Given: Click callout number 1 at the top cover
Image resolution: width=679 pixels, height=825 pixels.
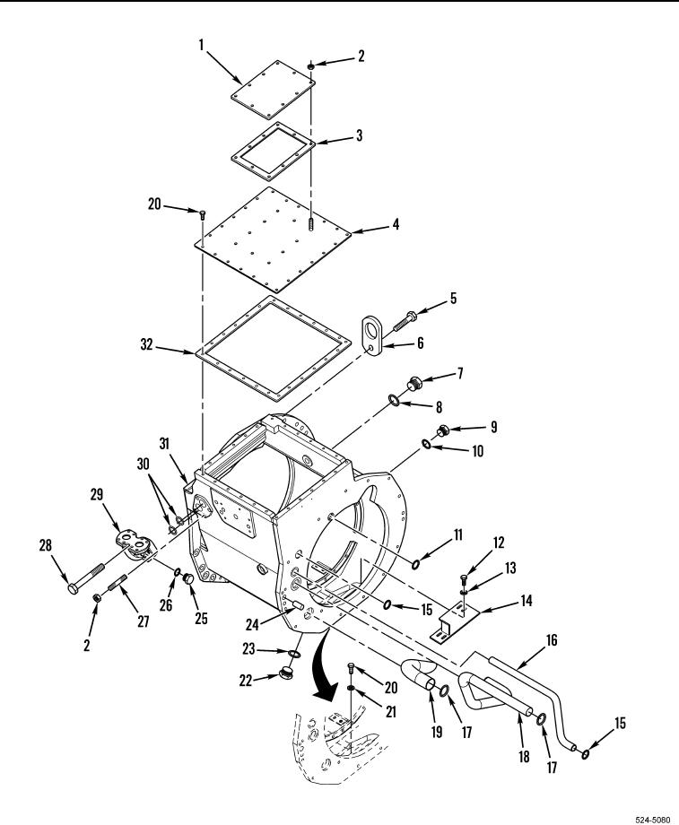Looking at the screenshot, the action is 201,45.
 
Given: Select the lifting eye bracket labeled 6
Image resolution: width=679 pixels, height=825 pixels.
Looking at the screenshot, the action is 373,336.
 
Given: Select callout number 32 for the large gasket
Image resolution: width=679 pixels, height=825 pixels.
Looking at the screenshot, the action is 147,344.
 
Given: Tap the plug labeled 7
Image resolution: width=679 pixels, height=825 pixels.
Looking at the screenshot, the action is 414,384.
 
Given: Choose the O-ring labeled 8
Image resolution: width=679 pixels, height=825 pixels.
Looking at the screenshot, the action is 395,401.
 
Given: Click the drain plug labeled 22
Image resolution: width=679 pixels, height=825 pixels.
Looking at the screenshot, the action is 286,673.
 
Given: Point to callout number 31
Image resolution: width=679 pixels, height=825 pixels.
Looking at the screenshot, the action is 165,444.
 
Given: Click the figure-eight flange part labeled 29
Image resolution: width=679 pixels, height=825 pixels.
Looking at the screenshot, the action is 133,545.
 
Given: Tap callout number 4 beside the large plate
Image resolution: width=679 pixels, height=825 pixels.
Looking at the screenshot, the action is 396,224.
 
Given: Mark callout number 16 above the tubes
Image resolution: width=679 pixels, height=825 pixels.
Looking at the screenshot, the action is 551,640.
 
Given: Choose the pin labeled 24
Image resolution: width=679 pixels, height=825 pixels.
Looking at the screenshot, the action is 298,604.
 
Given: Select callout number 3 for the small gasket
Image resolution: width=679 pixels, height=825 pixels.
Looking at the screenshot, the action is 359,135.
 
